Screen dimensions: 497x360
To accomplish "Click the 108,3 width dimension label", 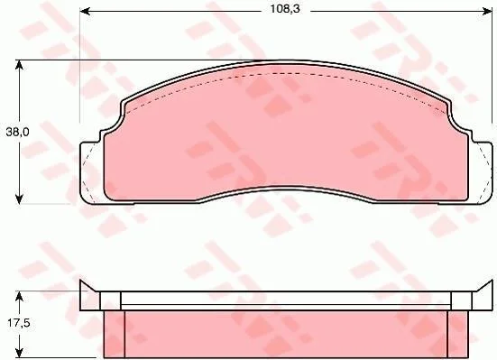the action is point(285,9).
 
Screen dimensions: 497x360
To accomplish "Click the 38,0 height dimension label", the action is point(17,132).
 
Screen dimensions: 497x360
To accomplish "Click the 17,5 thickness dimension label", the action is point(19,323).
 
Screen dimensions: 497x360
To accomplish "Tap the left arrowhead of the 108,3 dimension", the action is point(84,12).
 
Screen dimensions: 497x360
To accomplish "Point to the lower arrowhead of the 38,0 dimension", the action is point(19,199).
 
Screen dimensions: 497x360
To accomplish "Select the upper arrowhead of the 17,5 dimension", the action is point(19,296).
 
